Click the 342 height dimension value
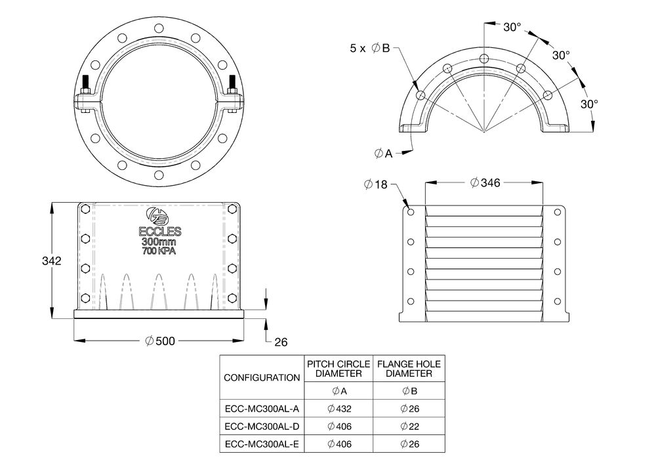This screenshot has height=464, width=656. pyautogui.click(x=51, y=261)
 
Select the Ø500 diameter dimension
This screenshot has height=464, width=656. pyautogui.click(x=160, y=341)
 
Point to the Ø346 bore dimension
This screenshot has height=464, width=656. pyautogui.click(x=485, y=183)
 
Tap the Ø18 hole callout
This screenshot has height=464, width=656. pyautogui.click(x=376, y=184)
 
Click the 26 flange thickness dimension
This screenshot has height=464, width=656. pyautogui.click(x=281, y=342)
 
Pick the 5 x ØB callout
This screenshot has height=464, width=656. pyautogui.click(x=369, y=49)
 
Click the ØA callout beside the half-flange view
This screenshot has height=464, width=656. pyautogui.click(x=383, y=154)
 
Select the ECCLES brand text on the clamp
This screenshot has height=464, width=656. pyautogui.click(x=160, y=232)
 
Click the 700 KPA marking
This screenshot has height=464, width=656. pyautogui.click(x=159, y=251)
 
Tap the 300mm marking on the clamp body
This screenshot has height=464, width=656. pyautogui.click(x=159, y=242)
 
